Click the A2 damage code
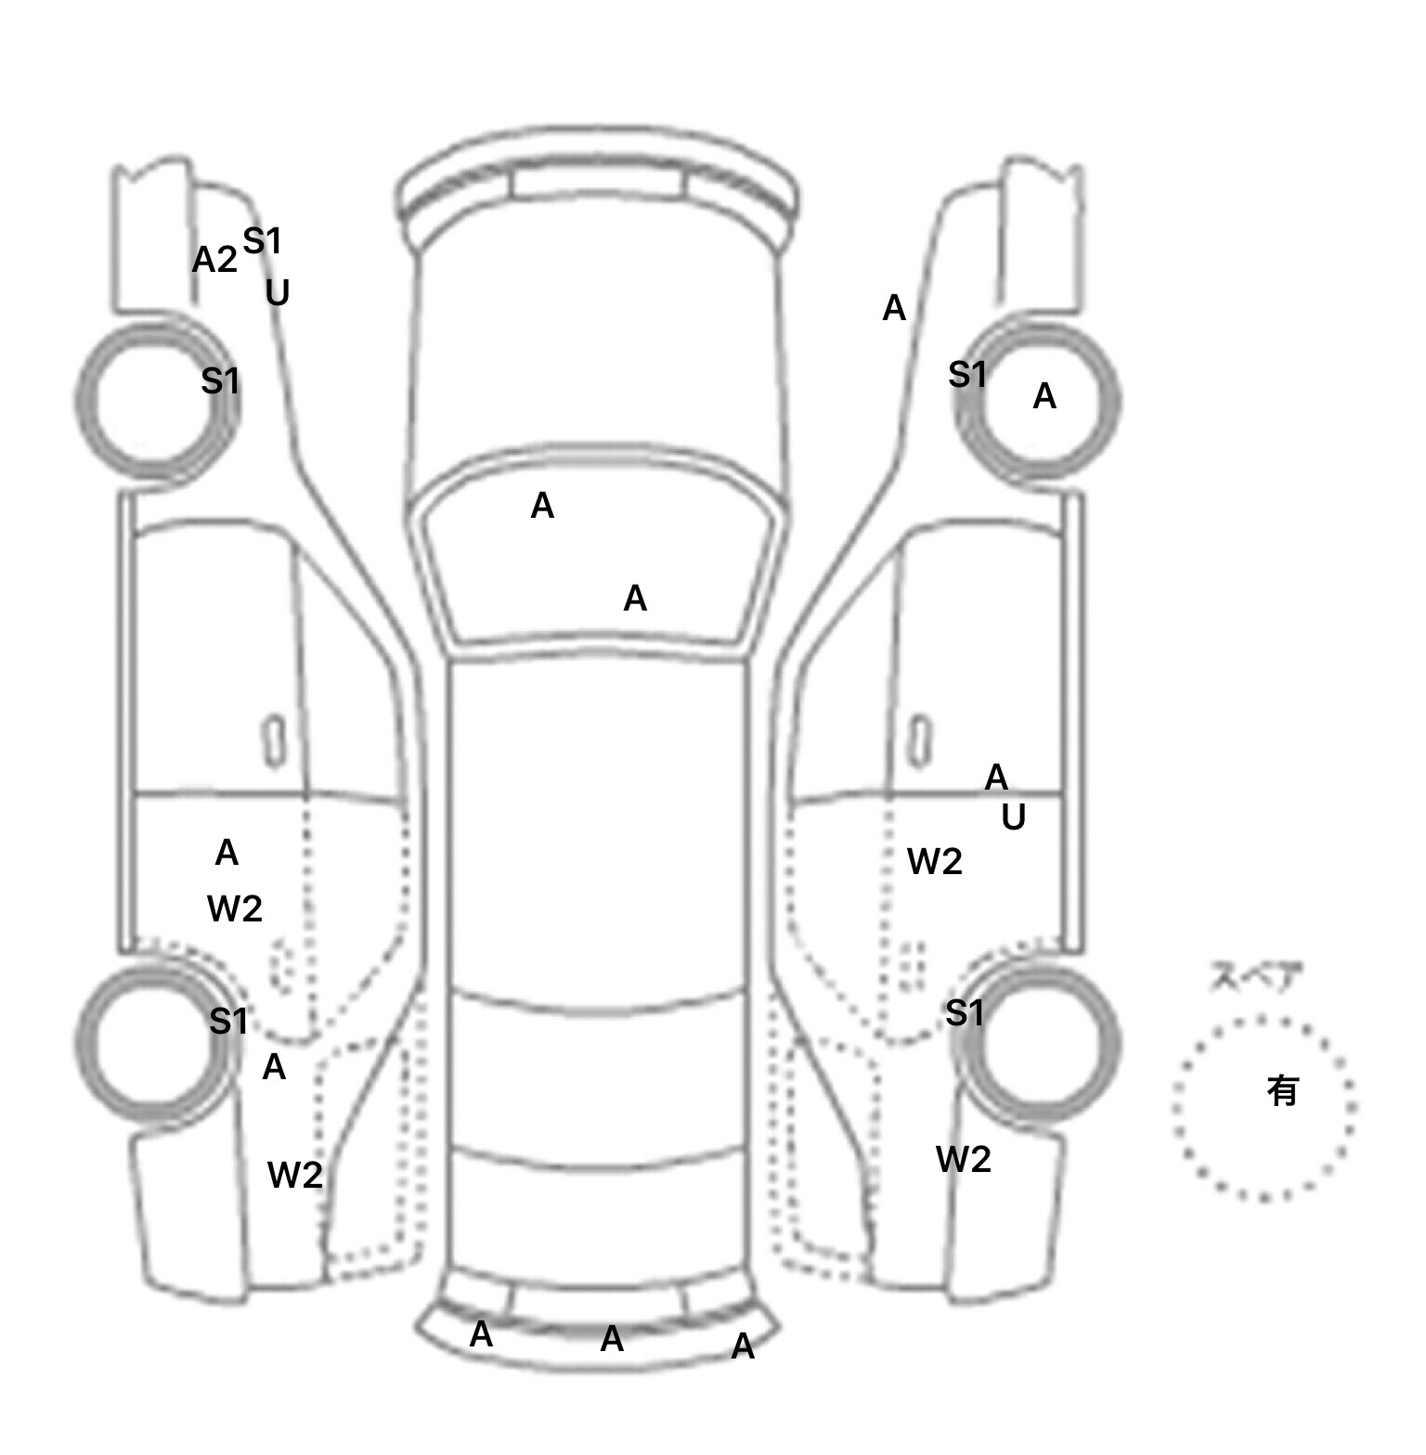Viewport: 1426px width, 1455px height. (214, 260)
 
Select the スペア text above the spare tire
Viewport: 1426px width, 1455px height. (1255, 977)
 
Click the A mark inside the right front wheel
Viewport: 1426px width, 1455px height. (1044, 397)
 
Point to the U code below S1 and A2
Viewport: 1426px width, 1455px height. (277, 293)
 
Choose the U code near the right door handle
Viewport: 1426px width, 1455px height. (1013, 818)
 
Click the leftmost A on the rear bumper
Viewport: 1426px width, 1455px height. (481, 1334)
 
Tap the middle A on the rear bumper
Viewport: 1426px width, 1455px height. (612, 1339)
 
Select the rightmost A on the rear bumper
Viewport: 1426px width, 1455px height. (743, 1346)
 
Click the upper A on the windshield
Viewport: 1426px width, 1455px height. (542, 507)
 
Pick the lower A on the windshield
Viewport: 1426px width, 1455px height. (635, 599)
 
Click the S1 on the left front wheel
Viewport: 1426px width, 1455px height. (220, 380)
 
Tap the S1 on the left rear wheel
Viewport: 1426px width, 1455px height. (228, 1022)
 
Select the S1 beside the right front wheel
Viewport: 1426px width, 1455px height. (967, 375)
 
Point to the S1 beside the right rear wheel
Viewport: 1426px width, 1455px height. (965, 1012)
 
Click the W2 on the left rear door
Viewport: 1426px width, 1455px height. (235, 908)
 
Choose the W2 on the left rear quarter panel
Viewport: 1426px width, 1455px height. (294, 1176)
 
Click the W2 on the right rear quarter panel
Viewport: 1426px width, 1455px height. (963, 1159)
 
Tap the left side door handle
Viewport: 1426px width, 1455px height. (275, 741)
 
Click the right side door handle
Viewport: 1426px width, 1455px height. (919, 741)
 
